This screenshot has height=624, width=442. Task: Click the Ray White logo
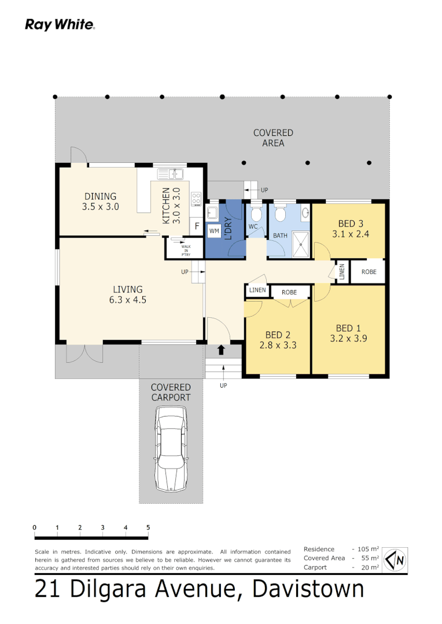tap(60, 25)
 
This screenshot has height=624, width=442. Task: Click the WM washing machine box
tap(214, 231)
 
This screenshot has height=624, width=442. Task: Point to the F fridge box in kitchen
tap(197, 226)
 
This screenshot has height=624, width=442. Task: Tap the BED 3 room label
tap(351, 224)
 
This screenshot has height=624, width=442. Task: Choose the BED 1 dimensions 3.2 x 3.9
tap(348, 339)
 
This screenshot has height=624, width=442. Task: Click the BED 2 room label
tap(278, 335)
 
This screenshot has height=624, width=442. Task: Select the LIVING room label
tap(128, 289)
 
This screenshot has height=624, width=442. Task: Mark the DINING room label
tap(101, 196)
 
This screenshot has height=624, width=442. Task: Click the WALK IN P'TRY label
tap(186, 249)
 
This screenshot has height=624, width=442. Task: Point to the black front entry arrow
tap(220, 350)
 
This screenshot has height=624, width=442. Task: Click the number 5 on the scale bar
tap(148, 528)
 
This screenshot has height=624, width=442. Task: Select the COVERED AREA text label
tap(273, 138)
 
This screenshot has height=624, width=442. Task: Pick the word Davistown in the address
tap(309, 589)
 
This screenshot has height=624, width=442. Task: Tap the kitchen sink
tap(170, 173)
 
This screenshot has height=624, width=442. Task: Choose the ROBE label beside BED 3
tap(369, 272)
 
